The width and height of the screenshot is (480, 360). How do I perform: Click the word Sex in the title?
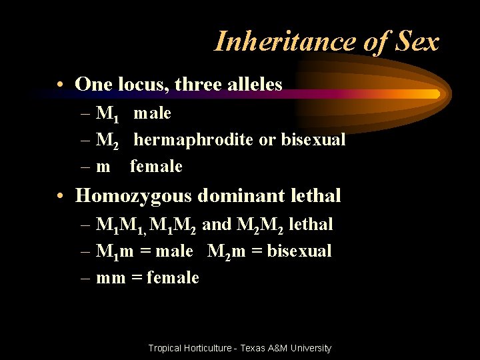[x=416, y=42]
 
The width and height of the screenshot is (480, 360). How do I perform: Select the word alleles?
[x=251, y=84]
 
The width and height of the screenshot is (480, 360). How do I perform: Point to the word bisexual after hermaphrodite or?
[x=313, y=140]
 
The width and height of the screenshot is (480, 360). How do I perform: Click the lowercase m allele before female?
[x=103, y=167]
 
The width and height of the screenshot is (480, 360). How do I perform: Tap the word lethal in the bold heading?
[x=317, y=196]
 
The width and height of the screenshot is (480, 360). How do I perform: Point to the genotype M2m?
[x=227, y=251]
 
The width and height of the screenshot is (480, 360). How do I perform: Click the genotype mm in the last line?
[x=111, y=277]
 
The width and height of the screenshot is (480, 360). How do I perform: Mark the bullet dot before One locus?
[x=61, y=85]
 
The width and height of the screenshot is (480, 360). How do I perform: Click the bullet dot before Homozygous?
[x=61, y=197]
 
